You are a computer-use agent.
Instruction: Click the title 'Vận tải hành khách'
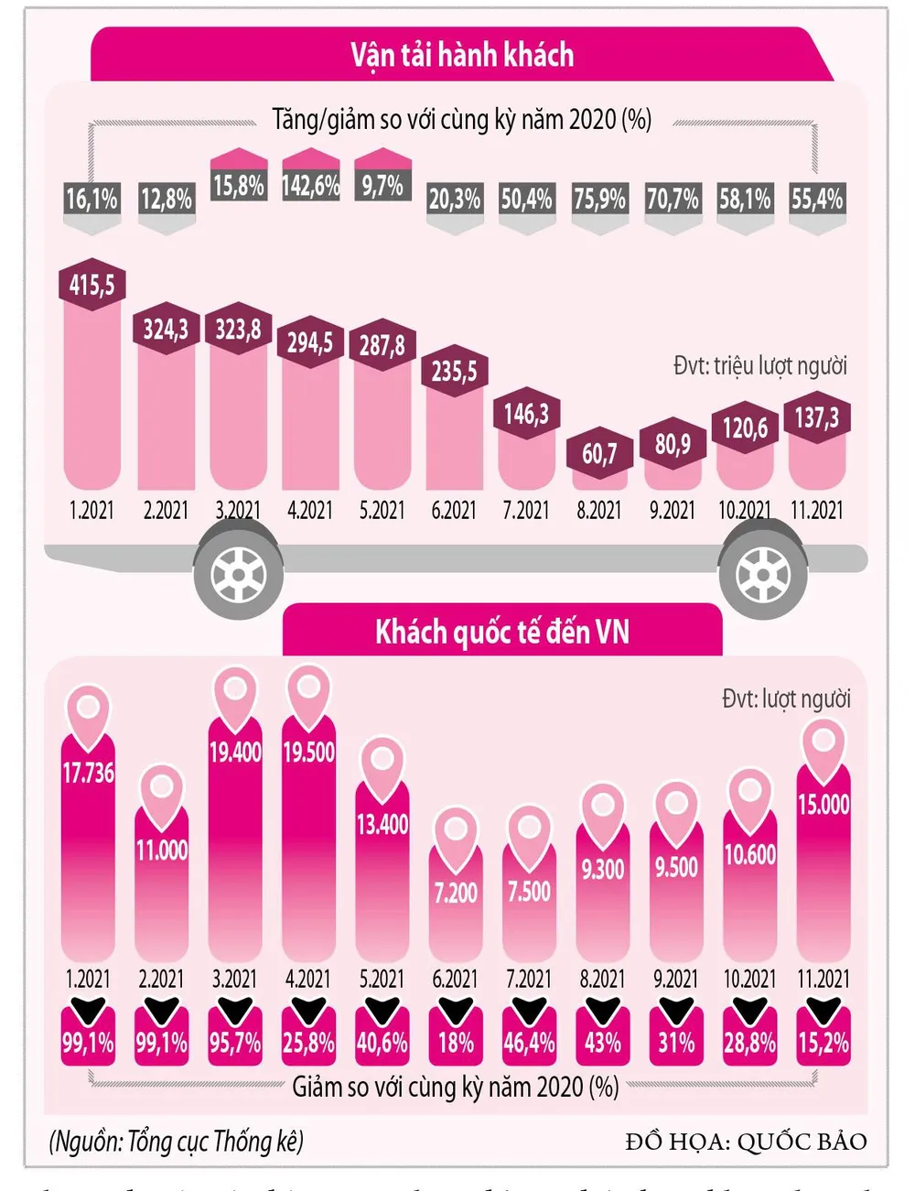[462, 55]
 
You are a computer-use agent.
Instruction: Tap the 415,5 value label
[92, 285]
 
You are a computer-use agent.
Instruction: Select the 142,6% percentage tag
[310, 186]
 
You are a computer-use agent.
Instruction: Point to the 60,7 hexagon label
[599, 453]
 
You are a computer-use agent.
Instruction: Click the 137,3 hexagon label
[817, 418]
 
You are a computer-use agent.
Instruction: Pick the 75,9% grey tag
[600, 199]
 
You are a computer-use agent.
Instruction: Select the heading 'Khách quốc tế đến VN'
[502, 633]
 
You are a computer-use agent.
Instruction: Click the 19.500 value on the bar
[309, 752]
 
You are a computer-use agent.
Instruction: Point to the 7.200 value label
[456, 892]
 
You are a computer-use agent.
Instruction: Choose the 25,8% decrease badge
[308, 1043]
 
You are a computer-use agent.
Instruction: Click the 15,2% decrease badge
[823, 1043]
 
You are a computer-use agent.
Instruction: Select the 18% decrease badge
[456, 1043]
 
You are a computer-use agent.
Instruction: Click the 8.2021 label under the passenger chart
[599, 510]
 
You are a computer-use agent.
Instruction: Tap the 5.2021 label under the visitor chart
[382, 979]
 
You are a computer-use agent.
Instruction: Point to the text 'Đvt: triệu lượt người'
[759, 366]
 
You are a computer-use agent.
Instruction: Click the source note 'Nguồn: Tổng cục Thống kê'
[177, 1142]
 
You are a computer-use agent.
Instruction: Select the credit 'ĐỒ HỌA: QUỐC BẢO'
[746, 1142]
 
